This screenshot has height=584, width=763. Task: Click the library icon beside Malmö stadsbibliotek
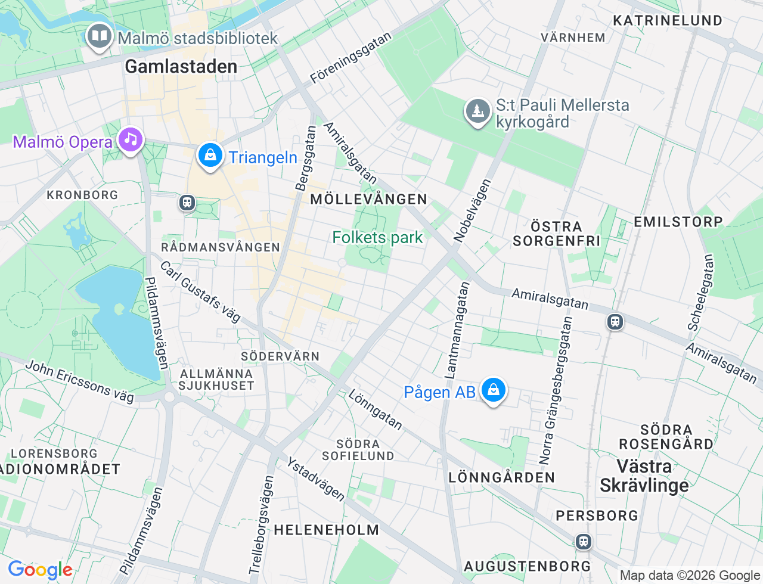[x=100, y=36]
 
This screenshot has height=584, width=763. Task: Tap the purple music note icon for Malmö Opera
[x=131, y=139]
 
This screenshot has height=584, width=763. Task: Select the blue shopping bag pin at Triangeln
[x=210, y=156]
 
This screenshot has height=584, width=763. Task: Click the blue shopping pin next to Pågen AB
[x=493, y=390]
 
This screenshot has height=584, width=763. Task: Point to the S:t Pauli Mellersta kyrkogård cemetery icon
[x=477, y=111]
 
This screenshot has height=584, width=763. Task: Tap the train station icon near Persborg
[x=583, y=541]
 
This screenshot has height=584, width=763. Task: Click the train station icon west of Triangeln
[x=187, y=203]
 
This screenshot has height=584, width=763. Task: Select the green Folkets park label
[x=377, y=237]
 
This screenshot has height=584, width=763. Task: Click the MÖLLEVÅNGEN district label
[x=368, y=199]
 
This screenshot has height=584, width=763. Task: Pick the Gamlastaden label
[x=181, y=66]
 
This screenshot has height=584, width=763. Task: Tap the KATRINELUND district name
[x=668, y=20]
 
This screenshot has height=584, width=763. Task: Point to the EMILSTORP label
[x=678, y=222]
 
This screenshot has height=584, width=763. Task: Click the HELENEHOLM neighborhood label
[x=326, y=530]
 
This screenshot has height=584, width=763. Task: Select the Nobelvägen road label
[x=472, y=210]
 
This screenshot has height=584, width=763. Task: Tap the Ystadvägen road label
[x=316, y=479]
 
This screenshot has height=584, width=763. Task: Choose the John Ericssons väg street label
[x=80, y=381]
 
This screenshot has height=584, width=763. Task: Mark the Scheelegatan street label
[x=700, y=292]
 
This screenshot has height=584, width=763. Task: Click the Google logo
[x=40, y=570]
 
